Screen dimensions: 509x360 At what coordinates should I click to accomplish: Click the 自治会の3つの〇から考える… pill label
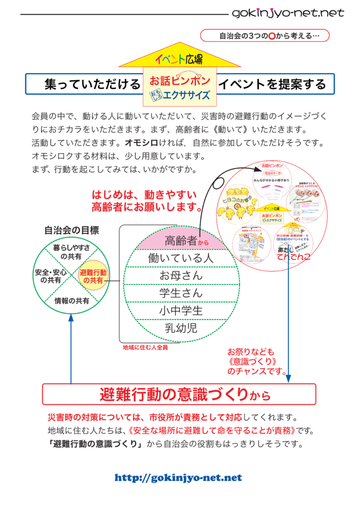[x=266, y=36]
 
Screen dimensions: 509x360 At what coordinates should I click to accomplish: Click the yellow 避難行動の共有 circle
[x=93, y=276]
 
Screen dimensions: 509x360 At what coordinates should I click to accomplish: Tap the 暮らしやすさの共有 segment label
[x=72, y=252]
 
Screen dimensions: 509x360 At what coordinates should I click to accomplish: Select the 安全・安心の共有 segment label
[x=51, y=276]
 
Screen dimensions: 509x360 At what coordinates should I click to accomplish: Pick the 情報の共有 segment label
[x=72, y=301]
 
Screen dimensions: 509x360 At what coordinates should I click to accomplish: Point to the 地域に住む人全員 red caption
[x=145, y=348]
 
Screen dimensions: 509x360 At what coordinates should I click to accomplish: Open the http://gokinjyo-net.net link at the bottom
[x=178, y=478]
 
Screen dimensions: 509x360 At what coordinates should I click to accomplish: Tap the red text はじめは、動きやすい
[x=144, y=194]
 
